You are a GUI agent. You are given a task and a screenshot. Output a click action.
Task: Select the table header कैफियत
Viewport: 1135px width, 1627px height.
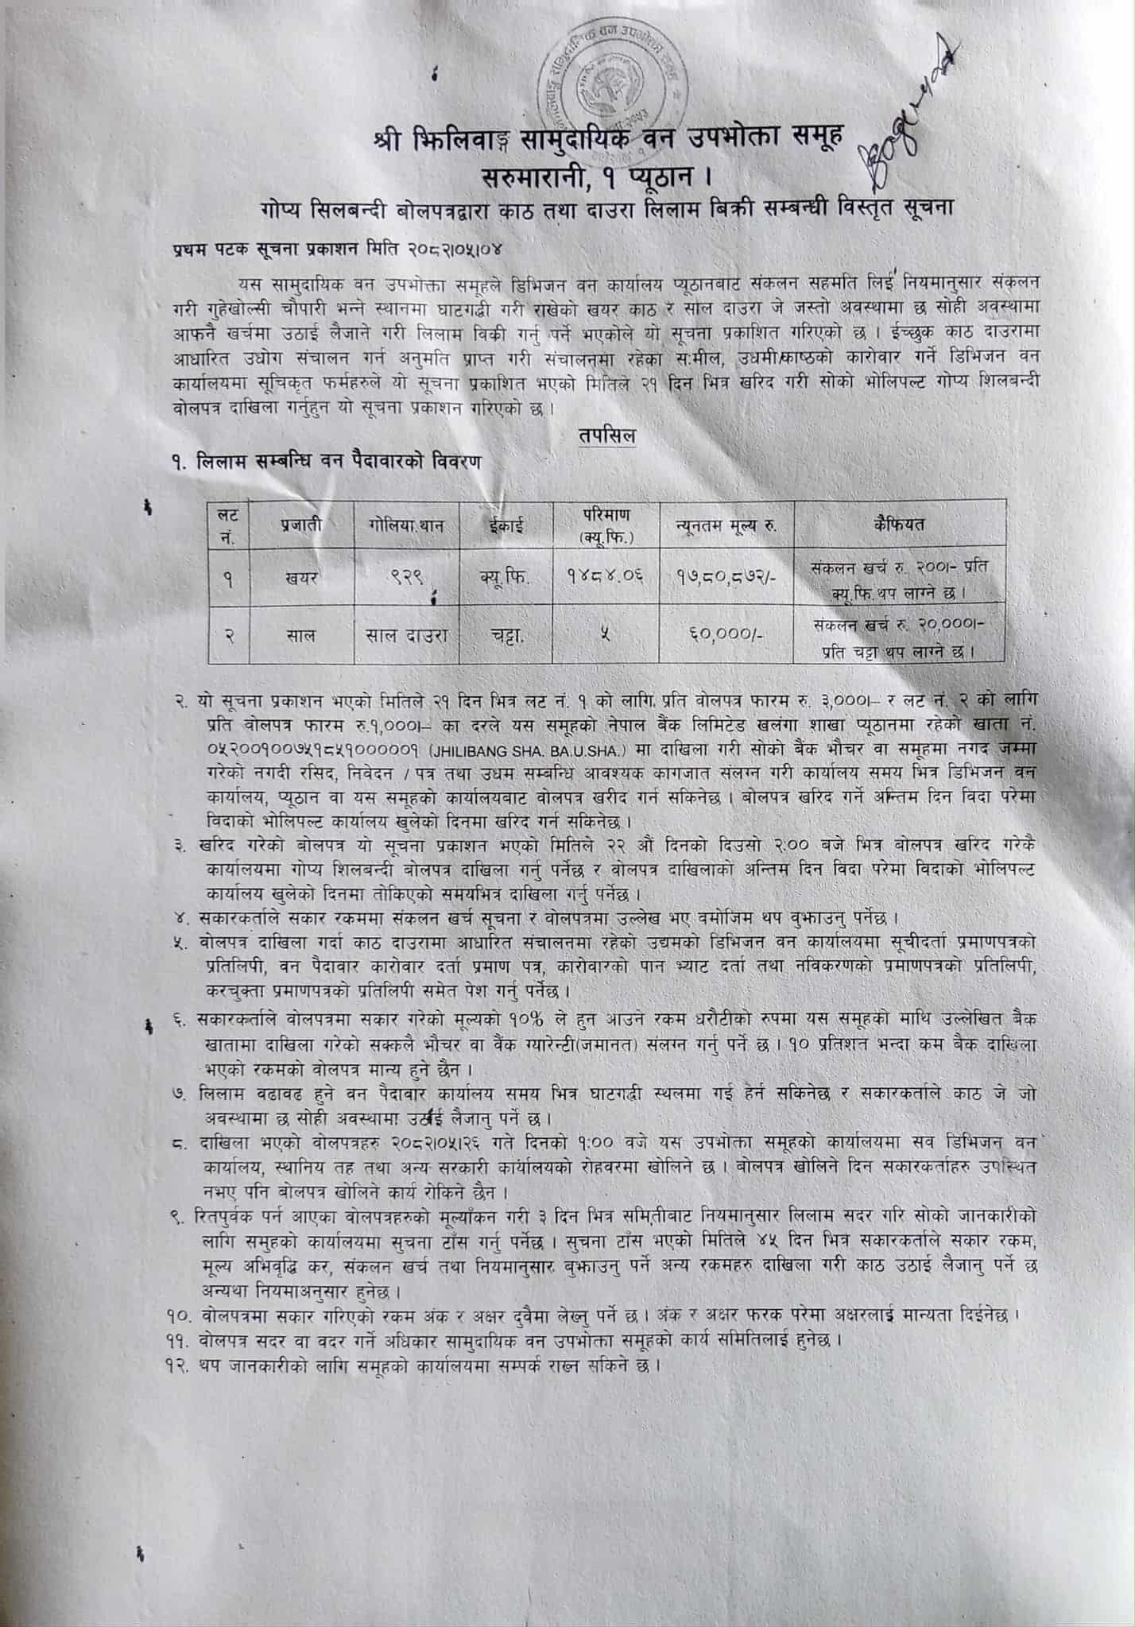tap(899, 524)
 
